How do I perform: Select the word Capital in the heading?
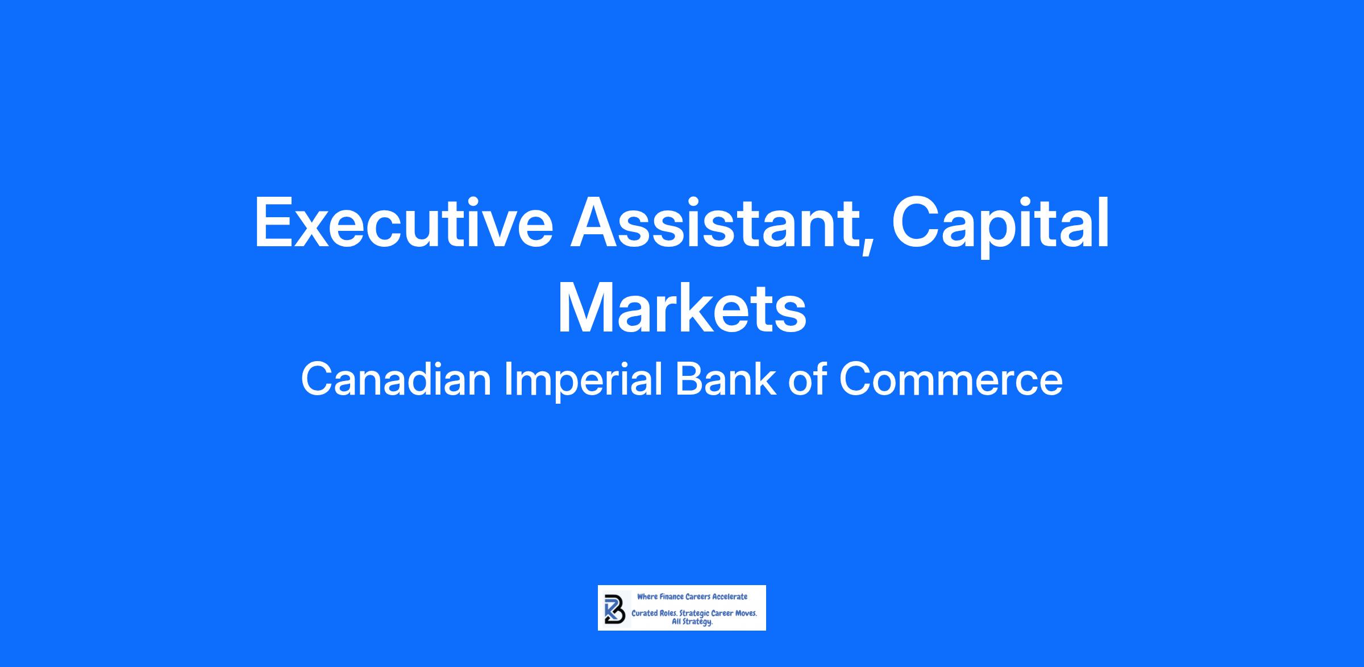pyautogui.click(x=1001, y=225)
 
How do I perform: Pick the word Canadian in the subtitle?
pyautogui.click(x=396, y=379)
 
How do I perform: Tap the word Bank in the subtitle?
pyautogui.click(x=725, y=379)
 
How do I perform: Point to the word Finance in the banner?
pyautogui.click(x=671, y=596)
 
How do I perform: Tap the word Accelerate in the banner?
pyautogui.click(x=730, y=596)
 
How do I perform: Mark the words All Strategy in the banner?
pyautogui.click(x=692, y=622)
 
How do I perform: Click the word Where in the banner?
pyautogui.click(x=647, y=596)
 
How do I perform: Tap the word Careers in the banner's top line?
pyautogui.click(x=698, y=596)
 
